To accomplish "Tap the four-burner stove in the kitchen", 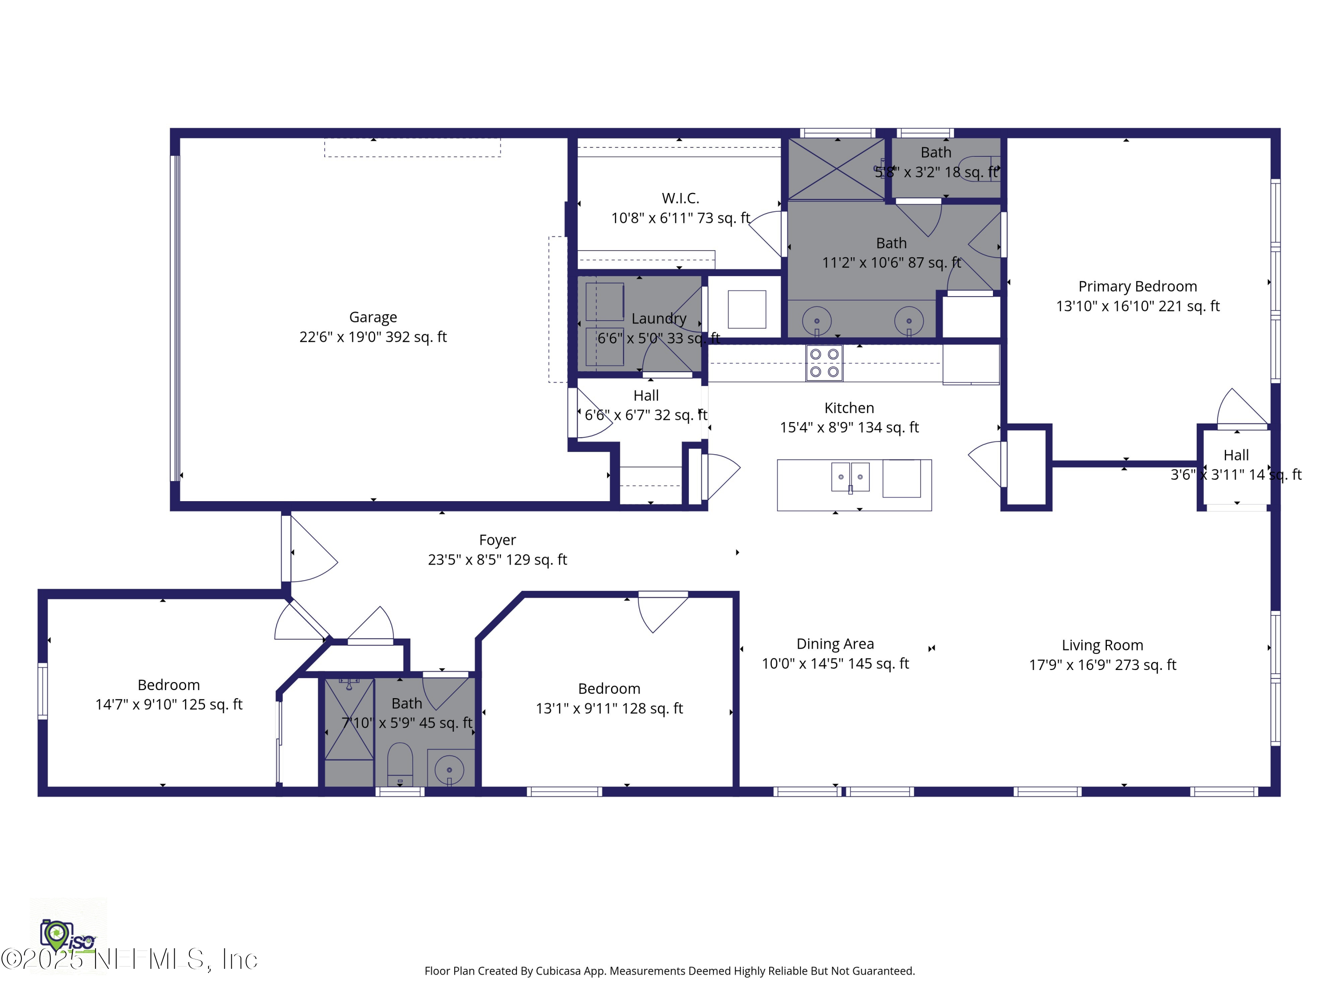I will pos(824,363).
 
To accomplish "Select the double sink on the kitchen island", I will pos(850,477).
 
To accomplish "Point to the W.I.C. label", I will pos(680,198).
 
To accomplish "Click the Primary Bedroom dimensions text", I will pos(1137,306).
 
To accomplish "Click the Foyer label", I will pos(497,540).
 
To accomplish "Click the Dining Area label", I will pos(835,644).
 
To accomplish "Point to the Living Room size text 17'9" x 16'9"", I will pos(1102,665).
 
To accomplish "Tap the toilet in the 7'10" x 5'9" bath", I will pos(400,763).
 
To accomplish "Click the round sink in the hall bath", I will pos(449,769).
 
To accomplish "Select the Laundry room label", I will pos(658,318).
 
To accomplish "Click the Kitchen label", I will pos(849,408).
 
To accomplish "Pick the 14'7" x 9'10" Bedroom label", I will pos(168,685).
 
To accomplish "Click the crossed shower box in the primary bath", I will pos(836,169).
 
